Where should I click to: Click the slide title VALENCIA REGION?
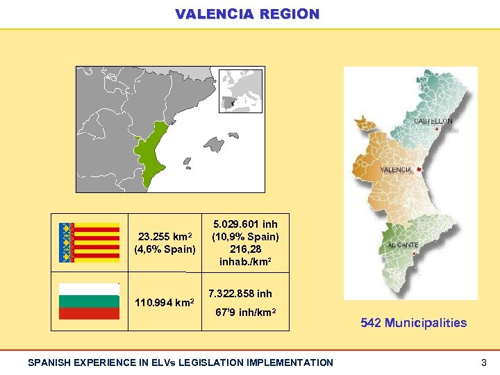pyautogui.click(x=248, y=14)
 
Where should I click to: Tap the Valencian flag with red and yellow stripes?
pyautogui.click(x=89, y=242)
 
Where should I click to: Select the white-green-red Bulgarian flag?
pyautogui.click(x=89, y=301)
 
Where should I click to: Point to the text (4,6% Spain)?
pyautogui.click(x=165, y=249)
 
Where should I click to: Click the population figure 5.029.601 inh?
pyautogui.click(x=245, y=224)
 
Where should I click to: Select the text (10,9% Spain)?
pyautogui.click(x=245, y=237)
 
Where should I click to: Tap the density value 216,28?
pyautogui.click(x=245, y=249)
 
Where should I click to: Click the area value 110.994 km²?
pyautogui.click(x=165, y=303)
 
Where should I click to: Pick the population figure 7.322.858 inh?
pyautogui.click(x=240, y=294)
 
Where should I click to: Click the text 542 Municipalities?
pyautogui.click(x=413, y=322)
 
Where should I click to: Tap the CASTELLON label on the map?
pyautogui.click(x=433, y=121)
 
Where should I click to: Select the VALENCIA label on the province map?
pyautogui.click(x=397, y=169)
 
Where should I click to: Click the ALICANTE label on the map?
pyautogui.click(x=403, y=245)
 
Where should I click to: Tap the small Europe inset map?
pyautogui.click(x=240, y=90)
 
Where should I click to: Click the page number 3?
pyautogui.click(x=483, y=362)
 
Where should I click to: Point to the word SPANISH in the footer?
pyautogui.click(x=47, y=362)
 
